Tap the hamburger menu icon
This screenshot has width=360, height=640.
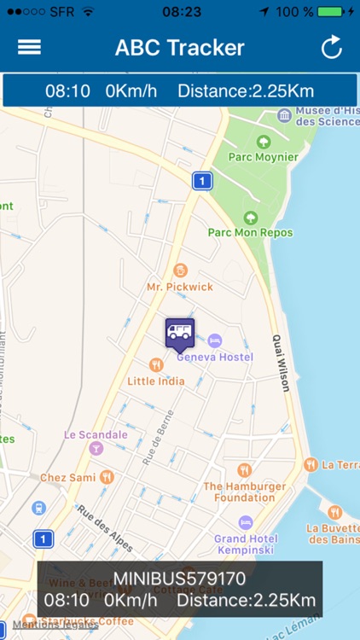tap(29, 48)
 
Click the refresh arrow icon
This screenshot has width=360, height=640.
tap(331, 48)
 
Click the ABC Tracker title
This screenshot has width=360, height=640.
tap(180, 48)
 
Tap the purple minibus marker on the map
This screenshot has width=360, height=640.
tap(179, 334)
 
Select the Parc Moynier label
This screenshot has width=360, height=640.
tap(264, 157)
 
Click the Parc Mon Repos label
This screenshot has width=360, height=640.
tap(250, 232)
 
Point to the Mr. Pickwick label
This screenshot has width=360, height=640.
tap(179, 287)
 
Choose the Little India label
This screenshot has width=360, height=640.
tap(155, 381)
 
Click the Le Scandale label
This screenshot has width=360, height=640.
tap(96, 434)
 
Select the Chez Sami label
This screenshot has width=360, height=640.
tap(68, 477)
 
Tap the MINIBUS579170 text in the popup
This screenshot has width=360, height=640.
tap(179, 579)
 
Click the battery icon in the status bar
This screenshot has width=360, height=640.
tap(330, 12)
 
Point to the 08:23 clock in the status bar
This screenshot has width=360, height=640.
tap(180, 12)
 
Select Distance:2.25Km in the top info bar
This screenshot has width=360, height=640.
tap(246, 90)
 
